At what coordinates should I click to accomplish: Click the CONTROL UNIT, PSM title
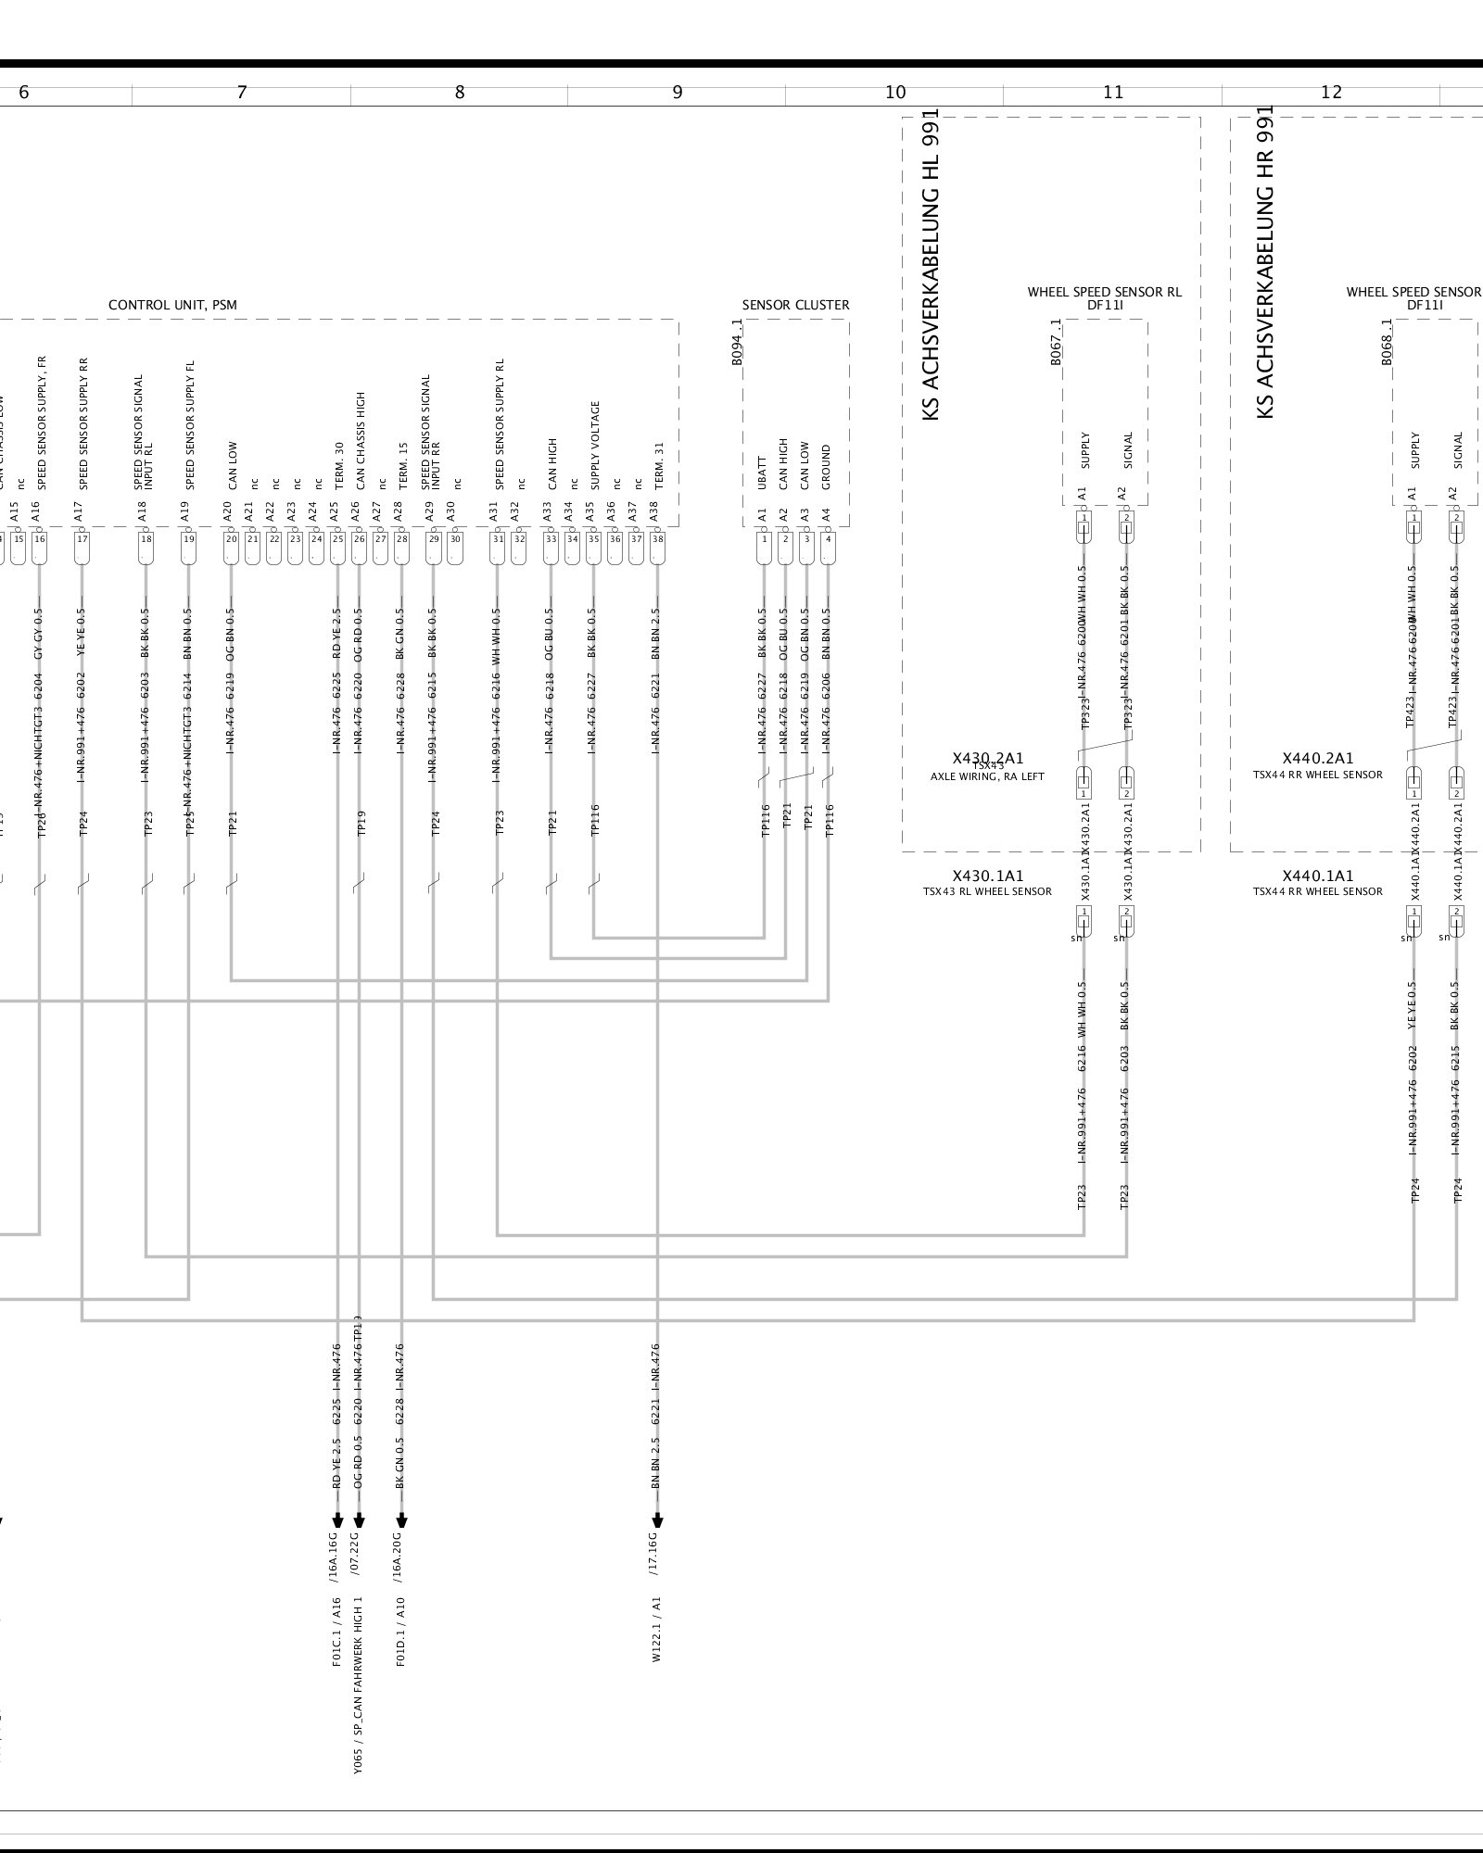pyautogui.click(x=179, y=305)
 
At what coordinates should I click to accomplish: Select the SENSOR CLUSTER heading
pyautogui.click(x=795, y=305)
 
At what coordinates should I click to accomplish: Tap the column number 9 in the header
pyautogui.click(x=678, y=92)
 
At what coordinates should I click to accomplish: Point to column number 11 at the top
pyautogui.click(x=1113, y=92)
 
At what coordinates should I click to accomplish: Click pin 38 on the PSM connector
pyautogui.click(x=658, y=538)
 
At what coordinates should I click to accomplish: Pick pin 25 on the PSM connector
pyautogui.click(x=337, y=538)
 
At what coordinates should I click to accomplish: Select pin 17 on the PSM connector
pyautogui.click(x=82, y=538)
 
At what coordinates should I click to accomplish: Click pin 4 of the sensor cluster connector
pyautogui.click(x=829, y=538)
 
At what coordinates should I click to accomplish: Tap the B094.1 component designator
pyautogui.click(x=738, y=343)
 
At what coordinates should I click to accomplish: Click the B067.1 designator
pyautogui.click(x=1057, y=343)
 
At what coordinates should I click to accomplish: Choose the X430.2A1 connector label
pyautogui.click(x=988, y=759)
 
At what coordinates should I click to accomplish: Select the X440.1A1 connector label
pyautogui.click(x=1317, y=876)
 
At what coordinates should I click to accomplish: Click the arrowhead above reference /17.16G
pyautogui.click(x=658, y=1520)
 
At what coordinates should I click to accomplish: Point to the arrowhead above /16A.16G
pyautogui.click(x=337, y=1520)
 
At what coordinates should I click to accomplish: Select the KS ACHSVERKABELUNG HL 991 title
pyautogui.click(x=931, y=265)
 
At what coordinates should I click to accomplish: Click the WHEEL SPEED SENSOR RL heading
pyautogui.click(x=1104, y=292)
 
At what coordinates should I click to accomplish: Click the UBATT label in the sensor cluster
pyautogui.click(x=763, y=473)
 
